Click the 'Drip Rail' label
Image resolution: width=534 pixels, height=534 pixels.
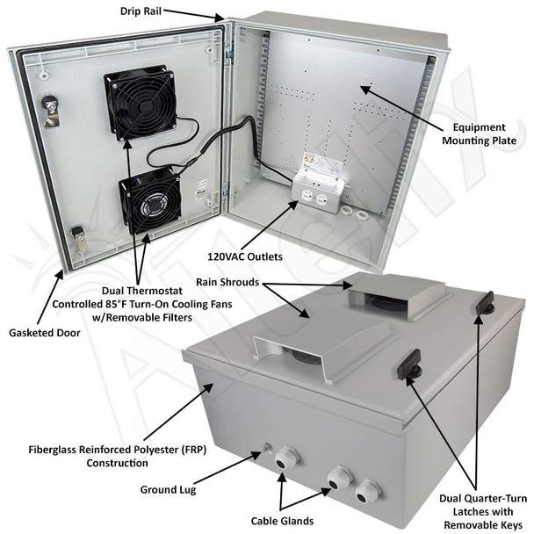tap(141, 11)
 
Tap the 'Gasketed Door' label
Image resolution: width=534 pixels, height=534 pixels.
tap(45, 333)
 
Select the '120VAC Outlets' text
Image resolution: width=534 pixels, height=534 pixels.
tap(245, 256)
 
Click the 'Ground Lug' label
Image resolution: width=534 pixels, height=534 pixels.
tap(169, 490)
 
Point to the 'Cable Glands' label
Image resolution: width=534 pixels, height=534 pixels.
tap(282, 521)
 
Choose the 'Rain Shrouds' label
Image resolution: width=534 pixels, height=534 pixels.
tap(227, 282)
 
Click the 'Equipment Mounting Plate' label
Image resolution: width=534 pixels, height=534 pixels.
tap(480, 133)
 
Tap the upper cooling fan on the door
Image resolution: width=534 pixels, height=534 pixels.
tap(141, 102)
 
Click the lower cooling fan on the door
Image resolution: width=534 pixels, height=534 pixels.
tap(151, 200)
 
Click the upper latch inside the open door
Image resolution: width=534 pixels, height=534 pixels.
tap(51, 110)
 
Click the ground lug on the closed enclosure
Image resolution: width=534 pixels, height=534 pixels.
tap(267, 449)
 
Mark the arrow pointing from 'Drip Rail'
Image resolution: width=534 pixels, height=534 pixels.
tap(192, 15)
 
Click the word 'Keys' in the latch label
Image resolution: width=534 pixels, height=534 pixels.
tap(510, 525)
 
